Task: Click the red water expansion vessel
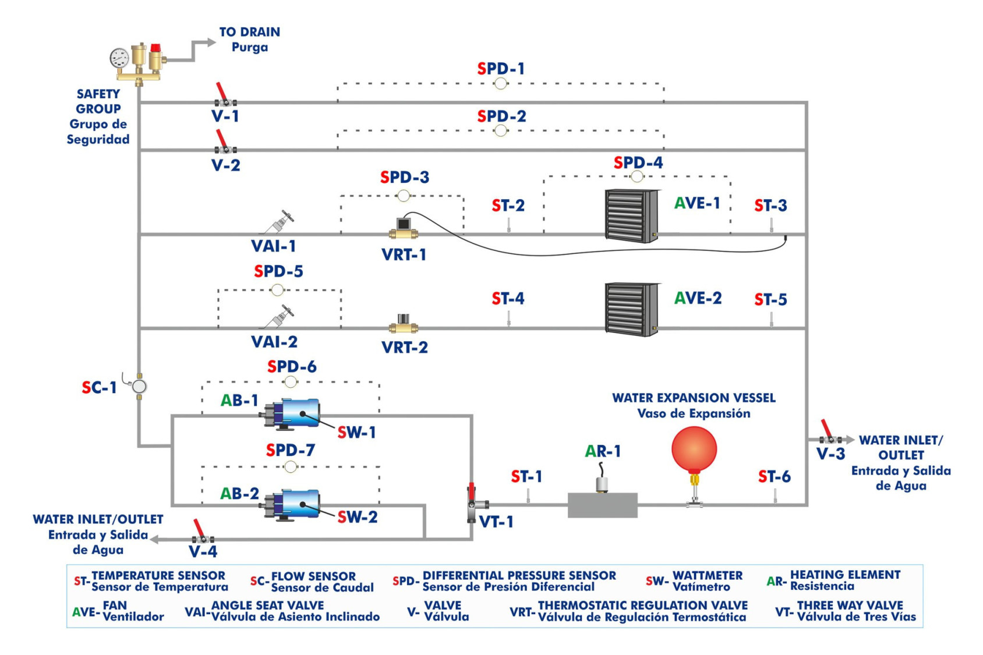pyautogui.click(x=694, y=449)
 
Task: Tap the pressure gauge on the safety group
pyautogui.click(x=119, y=58)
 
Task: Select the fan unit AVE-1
pyautogui.click(x=632, y=215)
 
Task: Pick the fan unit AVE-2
pyautogui.click(x=632, y=309)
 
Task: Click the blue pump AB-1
pyautogui.click(x=293, y=413)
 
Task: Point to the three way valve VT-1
pyautogui.click(x=473, y=504)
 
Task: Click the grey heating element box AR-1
pyautogui.click(x=602, y=505)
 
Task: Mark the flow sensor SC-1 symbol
pyautogui.click(x=139, y=386)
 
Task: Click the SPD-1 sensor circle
pyautogui.click(x=500, y=84)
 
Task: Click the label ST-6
pyautogui.click(x=774, y=477)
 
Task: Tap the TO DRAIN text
pyautogui.click(x=249, y=32)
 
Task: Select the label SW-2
pyautogui.click(x=357, y=517)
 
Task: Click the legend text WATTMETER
pyautogui.click(x=707, y=576)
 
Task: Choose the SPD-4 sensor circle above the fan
pyautogui.click(x=637, y=176)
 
